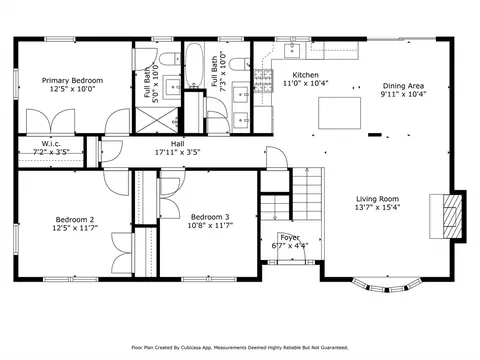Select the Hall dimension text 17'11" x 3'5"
(177, 153)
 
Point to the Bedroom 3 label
(210, 217)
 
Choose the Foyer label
(290, 237)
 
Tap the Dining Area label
(404, 86)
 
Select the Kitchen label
(305, 75)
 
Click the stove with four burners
(263, 76)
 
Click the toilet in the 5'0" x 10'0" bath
(172, 55)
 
